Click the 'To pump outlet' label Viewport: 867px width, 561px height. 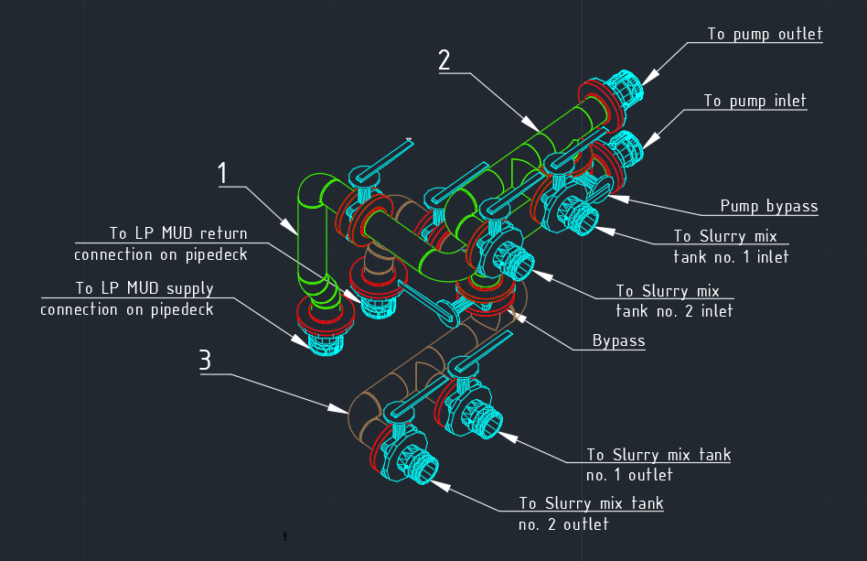click(x=765, y=34)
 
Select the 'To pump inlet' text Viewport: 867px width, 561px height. click(x=755, y=100)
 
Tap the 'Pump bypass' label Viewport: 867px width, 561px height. click(x=769, y=206)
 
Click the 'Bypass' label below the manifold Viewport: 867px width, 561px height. click(x=618, y=340)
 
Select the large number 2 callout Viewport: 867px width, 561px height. click(x=444, y=59)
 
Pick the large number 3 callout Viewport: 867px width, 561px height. click(x=205, y=359)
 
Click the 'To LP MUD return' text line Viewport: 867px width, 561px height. click(x=178, y=233)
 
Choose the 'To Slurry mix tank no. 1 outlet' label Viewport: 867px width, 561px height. click(x=658, y=464)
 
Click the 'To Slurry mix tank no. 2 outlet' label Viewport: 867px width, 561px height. click(x=591, y=512)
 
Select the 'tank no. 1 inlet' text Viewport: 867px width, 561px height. click(x=731, y=256)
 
